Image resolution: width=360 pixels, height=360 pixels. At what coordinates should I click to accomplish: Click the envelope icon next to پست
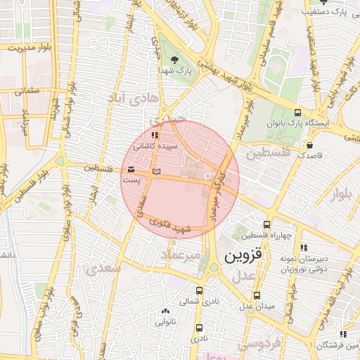(x=131, y=169)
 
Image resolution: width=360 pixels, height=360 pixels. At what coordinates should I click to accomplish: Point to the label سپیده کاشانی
(x=161, y=146)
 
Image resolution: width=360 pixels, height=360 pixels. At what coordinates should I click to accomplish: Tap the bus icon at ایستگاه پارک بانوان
(x=298, y=112)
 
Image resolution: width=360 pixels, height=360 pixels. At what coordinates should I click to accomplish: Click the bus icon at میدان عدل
(x=257, y=295)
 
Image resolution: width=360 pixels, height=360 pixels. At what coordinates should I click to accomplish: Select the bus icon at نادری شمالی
(x=200, y=289)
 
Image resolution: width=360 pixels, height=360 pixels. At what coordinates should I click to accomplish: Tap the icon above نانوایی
(x=165, y=311)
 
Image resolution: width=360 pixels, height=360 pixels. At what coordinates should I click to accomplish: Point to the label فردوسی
(x=258, y=343)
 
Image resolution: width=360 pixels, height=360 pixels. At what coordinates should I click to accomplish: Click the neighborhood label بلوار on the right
(x=342, y=191)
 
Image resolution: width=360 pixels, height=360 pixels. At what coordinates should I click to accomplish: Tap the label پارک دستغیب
(x=330, y=13)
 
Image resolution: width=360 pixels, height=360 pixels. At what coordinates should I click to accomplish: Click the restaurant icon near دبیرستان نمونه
(x=304, y=247)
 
